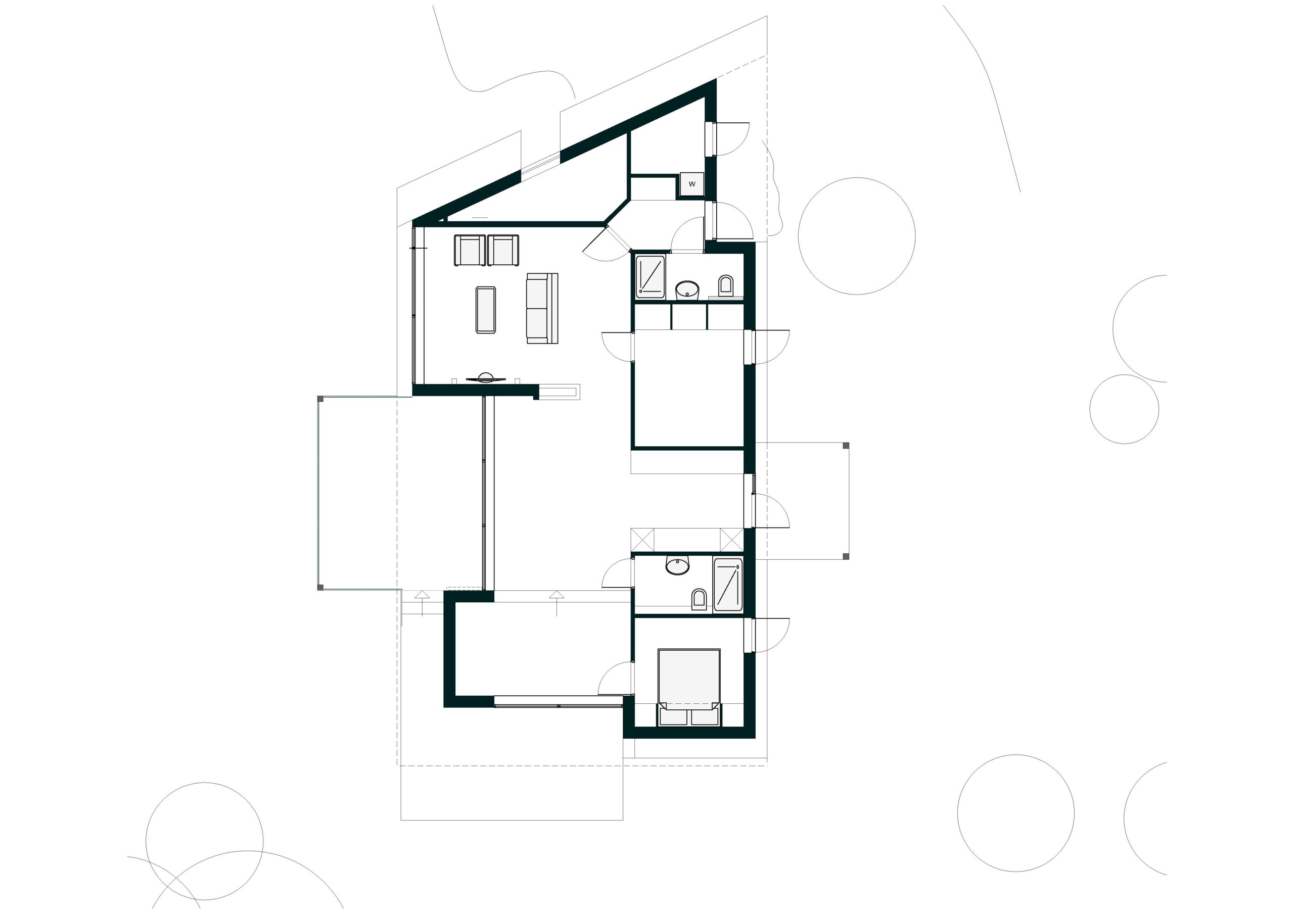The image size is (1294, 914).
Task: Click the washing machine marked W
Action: [691, 184]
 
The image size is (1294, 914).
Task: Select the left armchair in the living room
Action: [470, 250]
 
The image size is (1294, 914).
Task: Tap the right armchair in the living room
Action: [503, 250]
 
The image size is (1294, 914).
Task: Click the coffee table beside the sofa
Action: [485, 310]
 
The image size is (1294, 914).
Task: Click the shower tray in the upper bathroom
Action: [651, 277]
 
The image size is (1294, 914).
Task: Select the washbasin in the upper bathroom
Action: [687, 290]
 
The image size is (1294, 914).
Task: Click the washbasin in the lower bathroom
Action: [677, 565]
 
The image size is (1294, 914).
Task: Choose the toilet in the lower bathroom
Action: [699, 600]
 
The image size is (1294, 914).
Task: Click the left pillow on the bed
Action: [673, 717]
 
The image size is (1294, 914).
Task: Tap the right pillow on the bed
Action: [705, 717]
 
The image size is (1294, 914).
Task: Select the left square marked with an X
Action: [642, 540]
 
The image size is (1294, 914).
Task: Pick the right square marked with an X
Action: [731, 540]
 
